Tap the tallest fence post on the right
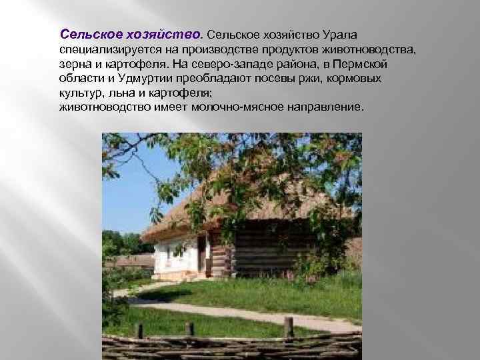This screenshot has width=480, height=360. [288, 327]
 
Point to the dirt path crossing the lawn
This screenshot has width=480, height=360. [220, 309]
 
